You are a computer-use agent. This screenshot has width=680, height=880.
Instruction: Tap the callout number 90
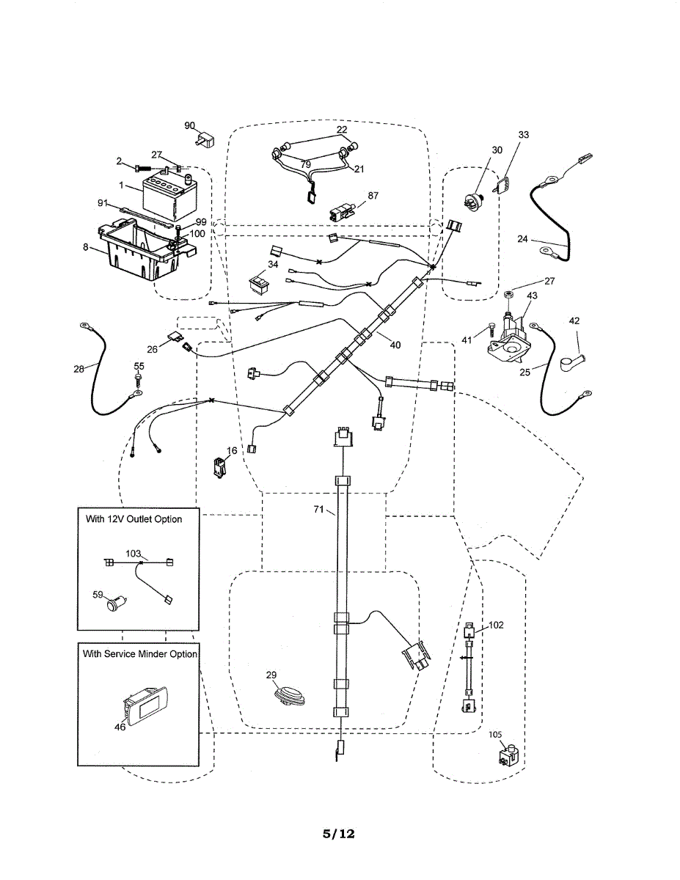point(189,126)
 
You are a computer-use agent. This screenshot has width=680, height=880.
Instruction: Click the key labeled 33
point(502,186)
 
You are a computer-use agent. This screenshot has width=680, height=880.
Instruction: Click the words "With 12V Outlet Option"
point(134,519)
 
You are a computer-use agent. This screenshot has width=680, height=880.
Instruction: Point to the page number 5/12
point(339,834)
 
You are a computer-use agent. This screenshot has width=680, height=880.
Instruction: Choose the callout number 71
point(319,509)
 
